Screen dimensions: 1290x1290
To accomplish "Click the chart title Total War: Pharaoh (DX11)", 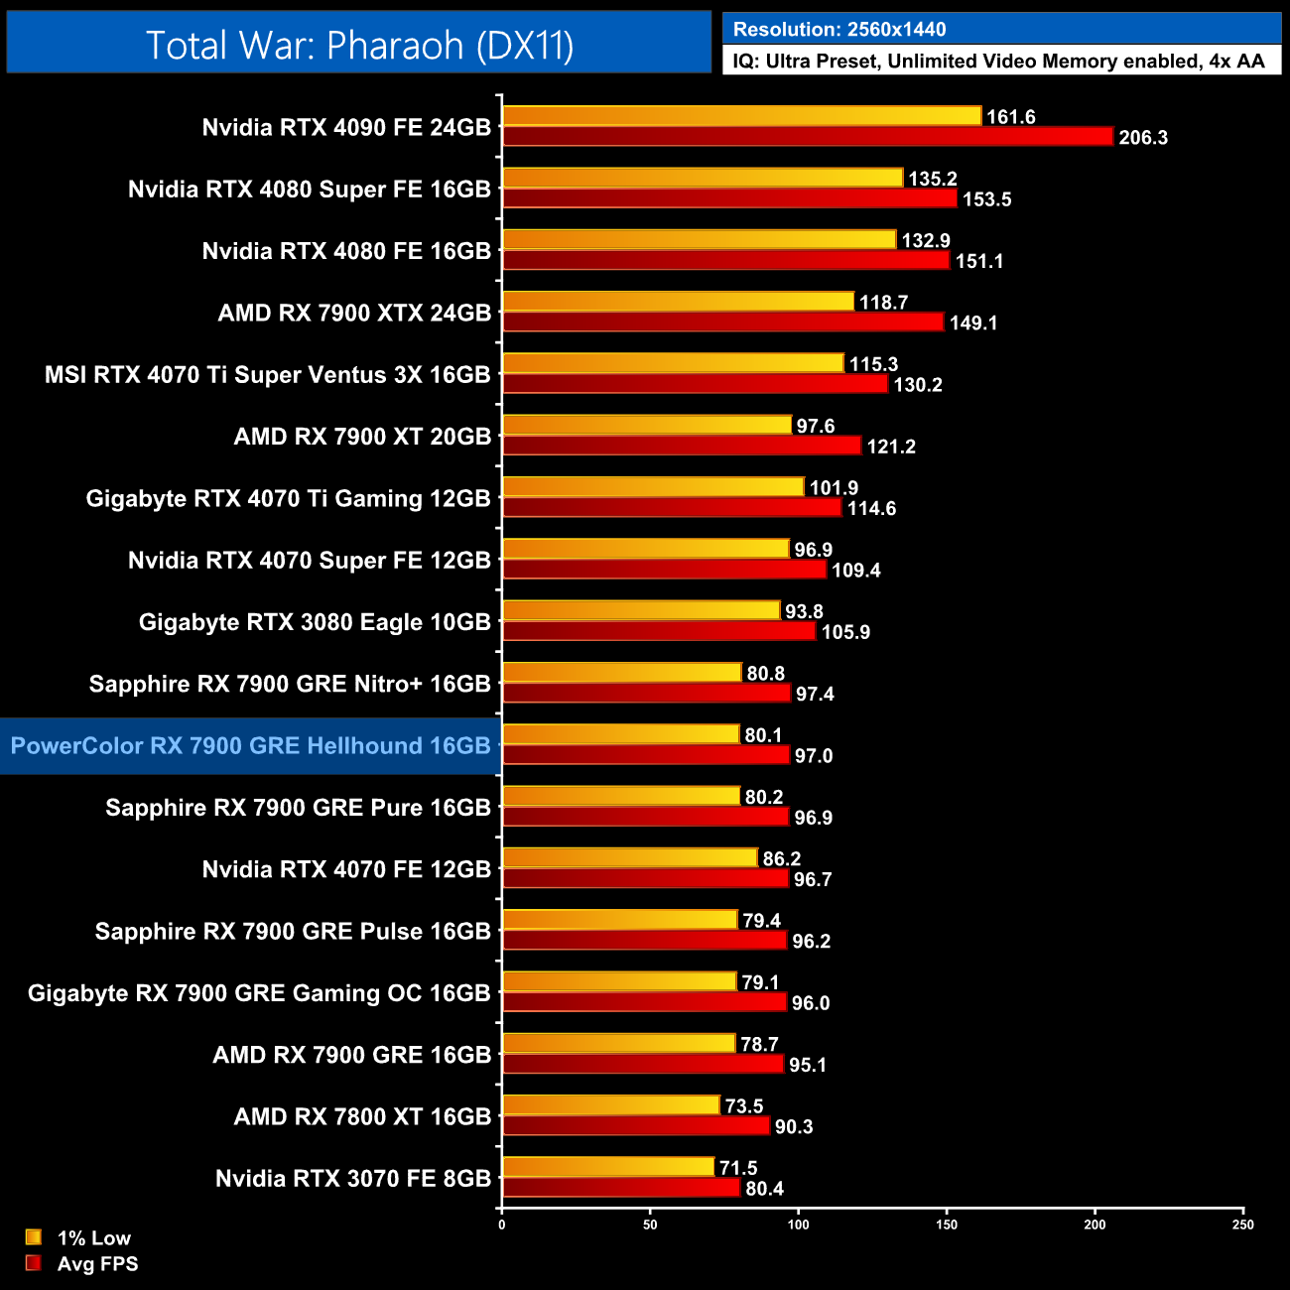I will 359,46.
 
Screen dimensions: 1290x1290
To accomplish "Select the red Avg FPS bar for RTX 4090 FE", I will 808,137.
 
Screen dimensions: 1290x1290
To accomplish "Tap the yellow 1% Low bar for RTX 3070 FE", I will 608,1167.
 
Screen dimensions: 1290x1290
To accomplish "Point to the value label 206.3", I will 1143,138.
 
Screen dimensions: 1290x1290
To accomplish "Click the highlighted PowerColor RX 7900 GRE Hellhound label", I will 250,746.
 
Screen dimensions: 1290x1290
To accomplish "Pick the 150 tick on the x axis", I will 947,1225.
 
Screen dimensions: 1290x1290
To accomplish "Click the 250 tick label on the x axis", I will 1242,1225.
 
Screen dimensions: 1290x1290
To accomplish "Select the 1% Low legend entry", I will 93,1237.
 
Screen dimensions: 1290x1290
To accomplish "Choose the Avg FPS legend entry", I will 97,1264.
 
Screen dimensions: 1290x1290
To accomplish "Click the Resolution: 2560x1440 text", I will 839,30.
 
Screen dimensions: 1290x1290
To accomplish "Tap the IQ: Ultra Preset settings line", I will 999,62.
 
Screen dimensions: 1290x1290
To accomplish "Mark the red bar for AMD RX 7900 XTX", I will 722,322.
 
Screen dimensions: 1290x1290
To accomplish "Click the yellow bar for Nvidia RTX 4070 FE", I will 630,858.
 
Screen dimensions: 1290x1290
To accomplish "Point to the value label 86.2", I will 781,858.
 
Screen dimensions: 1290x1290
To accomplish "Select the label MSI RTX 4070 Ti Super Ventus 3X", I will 268,375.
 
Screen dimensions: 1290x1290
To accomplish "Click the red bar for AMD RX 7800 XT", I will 636,1126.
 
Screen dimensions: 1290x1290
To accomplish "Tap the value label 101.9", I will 834,488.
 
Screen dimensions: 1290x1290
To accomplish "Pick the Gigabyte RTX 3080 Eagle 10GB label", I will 315,622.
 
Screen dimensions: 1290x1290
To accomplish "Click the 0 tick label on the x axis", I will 502,1225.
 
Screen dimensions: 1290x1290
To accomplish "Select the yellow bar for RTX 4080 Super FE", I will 703,179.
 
